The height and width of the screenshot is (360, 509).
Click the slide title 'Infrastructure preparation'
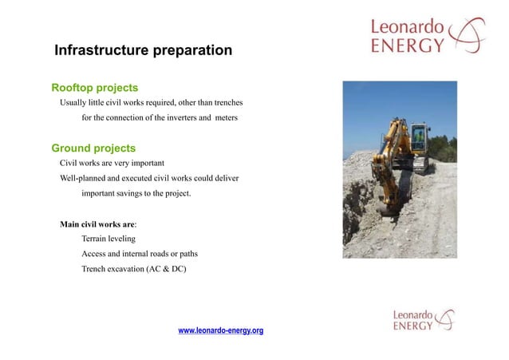143,51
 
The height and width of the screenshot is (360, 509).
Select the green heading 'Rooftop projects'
95,87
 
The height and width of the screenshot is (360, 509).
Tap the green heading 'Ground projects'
93,148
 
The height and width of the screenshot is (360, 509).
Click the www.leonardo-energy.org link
220,330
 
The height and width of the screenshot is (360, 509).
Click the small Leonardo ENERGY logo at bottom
424,320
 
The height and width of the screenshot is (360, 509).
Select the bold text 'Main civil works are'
97,224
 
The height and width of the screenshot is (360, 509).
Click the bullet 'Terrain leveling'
109,239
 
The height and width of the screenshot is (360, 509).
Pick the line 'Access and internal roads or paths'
140,254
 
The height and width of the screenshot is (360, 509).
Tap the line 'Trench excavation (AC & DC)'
133,269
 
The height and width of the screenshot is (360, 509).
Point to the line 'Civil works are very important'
112,163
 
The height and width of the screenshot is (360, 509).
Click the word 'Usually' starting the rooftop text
75,102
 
